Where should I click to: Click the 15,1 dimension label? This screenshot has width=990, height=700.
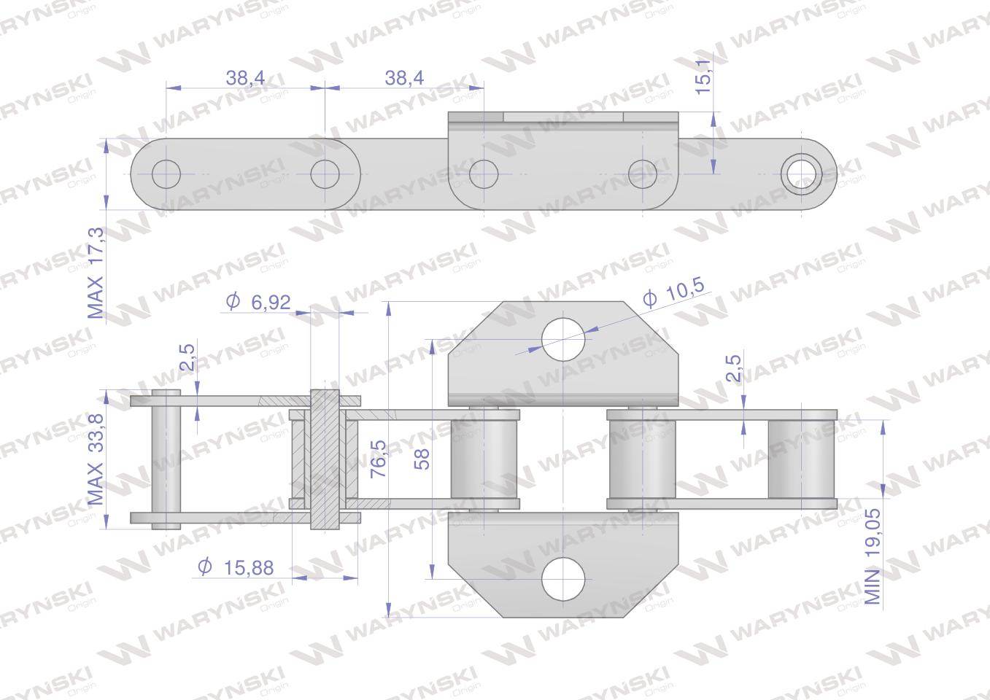(x=703, y=77)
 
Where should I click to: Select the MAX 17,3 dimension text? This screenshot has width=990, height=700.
(x=96, y=273)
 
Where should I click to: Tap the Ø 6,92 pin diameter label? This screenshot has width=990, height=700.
(x=258, y=302)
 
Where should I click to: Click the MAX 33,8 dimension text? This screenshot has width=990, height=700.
(x=96, y=459)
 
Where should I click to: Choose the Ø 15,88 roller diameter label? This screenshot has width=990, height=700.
(x=236, y=567)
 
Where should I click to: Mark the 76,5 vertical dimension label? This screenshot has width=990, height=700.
(x=379, y=459)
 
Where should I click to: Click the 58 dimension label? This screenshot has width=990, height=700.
(x=422, y=459)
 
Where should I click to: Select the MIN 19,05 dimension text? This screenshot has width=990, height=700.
(x=873, y=556)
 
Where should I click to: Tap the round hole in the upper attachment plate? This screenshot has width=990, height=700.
(x=563, y=339)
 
